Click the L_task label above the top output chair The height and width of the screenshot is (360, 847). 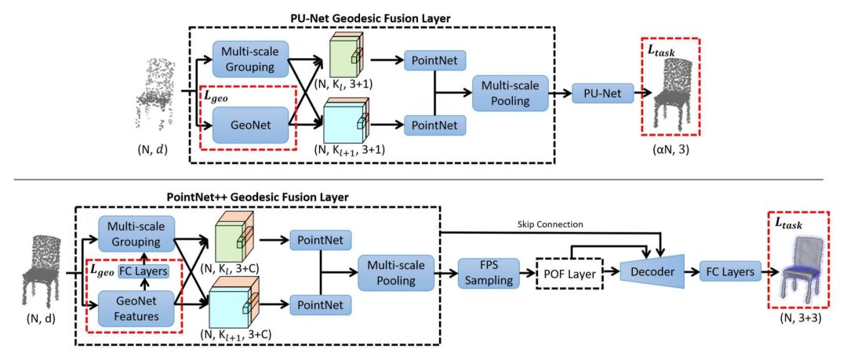663,51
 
